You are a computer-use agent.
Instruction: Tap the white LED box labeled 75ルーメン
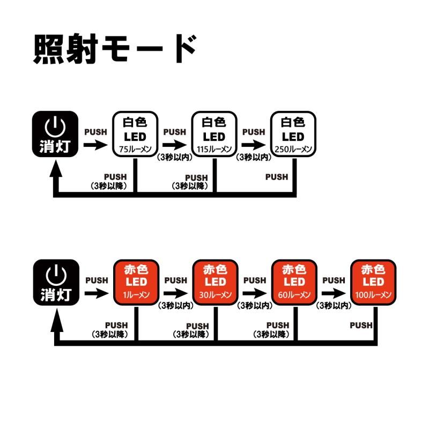135,134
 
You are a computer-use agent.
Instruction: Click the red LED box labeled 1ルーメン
135,282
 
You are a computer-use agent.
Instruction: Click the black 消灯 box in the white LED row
56,134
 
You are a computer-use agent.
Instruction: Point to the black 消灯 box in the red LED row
56,282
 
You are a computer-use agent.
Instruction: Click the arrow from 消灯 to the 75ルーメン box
97,145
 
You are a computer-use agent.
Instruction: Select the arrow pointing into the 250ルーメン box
254,145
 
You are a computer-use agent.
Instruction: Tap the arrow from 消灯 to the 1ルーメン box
97,293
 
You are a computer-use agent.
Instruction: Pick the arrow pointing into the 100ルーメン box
334,293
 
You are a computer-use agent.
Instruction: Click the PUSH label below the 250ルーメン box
277,176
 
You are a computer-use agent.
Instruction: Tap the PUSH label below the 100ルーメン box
360,325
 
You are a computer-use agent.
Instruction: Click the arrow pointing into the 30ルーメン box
175,293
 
